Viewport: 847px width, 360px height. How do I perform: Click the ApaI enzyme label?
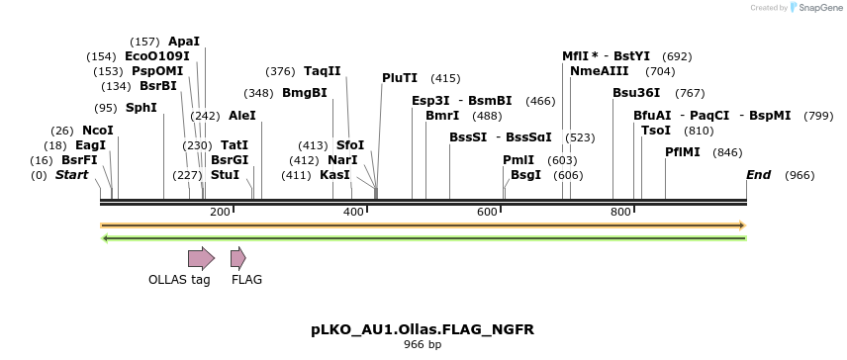tap(184, 42)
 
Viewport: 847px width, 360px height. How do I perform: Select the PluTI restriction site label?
tap(400, 78)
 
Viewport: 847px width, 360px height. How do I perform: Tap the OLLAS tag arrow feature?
tap(201, 258)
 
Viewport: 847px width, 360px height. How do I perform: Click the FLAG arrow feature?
tap(237, 258)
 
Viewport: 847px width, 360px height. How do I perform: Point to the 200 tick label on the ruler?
tap(220, 213)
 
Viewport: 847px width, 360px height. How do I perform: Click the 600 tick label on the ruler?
tap(487, 213)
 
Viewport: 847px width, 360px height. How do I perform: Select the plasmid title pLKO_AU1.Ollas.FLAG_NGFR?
tap(423, 328)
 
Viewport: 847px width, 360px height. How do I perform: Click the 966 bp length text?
tap(423, 344)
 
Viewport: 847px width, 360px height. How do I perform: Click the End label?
tap(758, 175)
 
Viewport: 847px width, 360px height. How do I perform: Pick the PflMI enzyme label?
tap(683, 152)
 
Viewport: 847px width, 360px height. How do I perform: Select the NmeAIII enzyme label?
tap(600, 71)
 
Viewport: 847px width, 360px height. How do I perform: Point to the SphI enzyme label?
tap(141, 108)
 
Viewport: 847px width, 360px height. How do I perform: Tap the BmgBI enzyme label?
tap(305, 93)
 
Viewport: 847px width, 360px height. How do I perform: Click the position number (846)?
tap(727, 152)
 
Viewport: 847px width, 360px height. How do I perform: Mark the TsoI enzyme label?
tap(656, 131)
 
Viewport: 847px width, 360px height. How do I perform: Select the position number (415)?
tap(445, 78)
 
